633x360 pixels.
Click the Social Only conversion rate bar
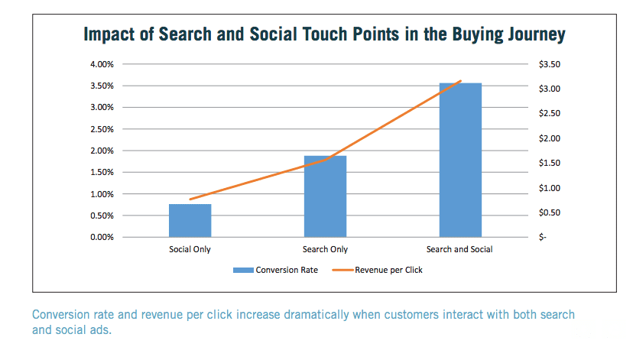click(x=190, y=220)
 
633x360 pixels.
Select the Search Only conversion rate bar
click(x=325, y=196)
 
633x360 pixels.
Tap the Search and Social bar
click(x=460, y=160)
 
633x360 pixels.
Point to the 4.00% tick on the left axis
click(x=102, y=63)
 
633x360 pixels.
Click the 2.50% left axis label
click(x=102, y=128)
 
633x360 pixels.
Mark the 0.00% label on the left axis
click(x=102, y=237)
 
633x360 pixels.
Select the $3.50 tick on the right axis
click(x=550, y=63)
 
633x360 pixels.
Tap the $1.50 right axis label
click(x=550, y=163)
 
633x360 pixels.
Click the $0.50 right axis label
click(x=550, y=212)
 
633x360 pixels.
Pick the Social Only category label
click(x=190, y=249)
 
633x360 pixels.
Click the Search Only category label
click(x=325, y=249)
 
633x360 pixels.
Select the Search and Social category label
click(x=460, y=249)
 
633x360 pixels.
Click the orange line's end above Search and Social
click(x=461, y=81)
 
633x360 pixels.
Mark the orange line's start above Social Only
click(x=190, y=199)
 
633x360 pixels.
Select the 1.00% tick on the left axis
click(x=102, y=193)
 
